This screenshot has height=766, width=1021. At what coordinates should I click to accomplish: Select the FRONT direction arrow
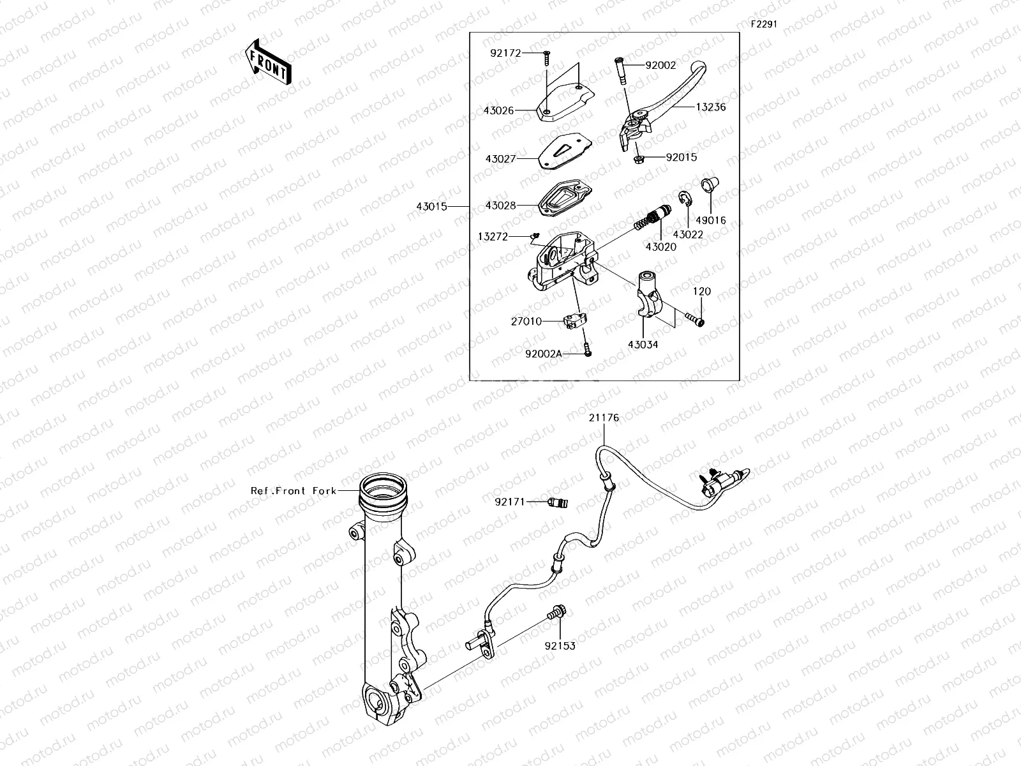(268, 62)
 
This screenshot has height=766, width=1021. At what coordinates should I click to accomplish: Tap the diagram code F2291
(763, 24)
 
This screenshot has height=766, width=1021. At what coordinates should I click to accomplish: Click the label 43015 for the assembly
(432, 207)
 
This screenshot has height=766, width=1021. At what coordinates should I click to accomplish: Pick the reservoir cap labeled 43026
(565, 103)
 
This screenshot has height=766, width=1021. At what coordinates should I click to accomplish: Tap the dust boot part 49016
(708, 184)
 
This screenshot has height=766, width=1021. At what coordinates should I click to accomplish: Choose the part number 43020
(660, 246)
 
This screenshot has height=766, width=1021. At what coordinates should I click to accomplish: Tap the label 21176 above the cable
(603, 418)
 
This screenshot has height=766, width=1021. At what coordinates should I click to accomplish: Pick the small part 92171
(558, 502)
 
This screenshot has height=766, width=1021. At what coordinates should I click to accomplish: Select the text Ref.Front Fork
(293, 491)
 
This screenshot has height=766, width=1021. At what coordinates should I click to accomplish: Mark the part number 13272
(493, 237)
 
